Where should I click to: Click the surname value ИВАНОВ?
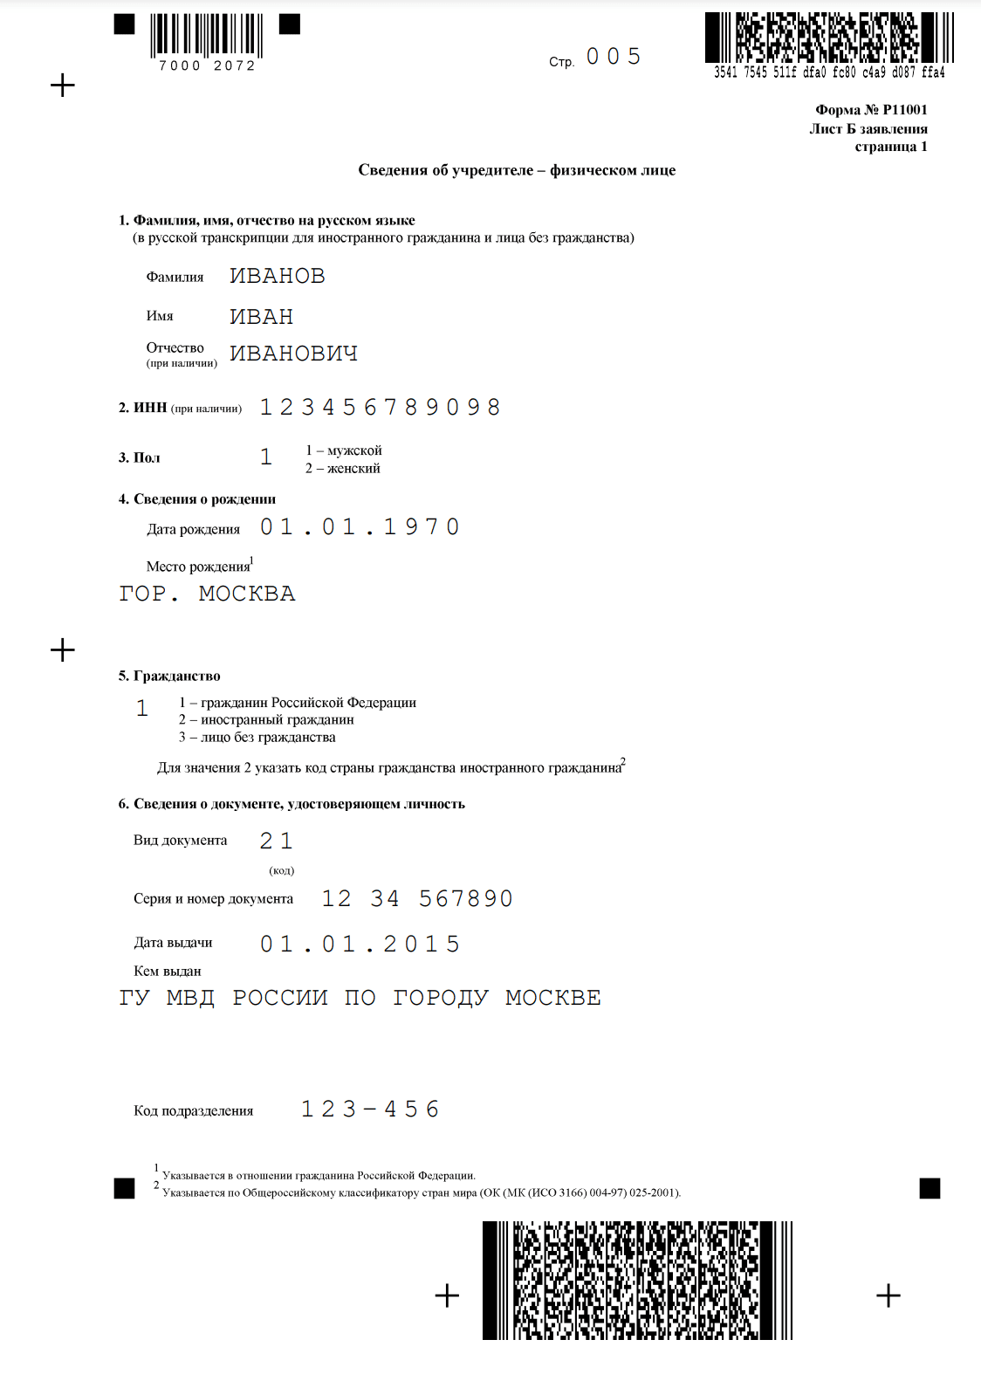click(277, 276)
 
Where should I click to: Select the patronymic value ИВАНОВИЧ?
click(293, 354)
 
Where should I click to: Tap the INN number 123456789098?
click(380, 408)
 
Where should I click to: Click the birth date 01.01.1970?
click(360, 527)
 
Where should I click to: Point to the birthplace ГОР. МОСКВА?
click(207, 594)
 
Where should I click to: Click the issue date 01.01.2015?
click(360, 945)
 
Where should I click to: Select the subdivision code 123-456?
click(370, 1110)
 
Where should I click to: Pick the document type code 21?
click(276, 841)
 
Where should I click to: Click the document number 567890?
click(466, 899)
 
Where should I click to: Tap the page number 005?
click(614, 57)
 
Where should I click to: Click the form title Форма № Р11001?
click(871, 110)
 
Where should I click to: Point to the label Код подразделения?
click(193, 1111)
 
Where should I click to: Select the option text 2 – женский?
click(343, 469)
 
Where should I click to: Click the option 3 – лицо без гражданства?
click(257, 738)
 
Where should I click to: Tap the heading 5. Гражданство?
click(169, 677)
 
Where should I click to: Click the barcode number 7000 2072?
click(207, 66)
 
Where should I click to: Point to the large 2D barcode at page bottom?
click(637, 1280)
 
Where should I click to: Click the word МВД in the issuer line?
click(190, 998)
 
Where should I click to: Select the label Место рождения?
click(198, 567)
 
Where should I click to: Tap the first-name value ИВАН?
click(261, 317)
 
